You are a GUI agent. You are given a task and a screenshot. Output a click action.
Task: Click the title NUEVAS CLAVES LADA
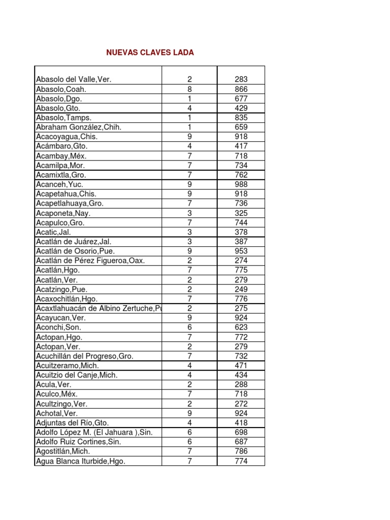click(150, 53)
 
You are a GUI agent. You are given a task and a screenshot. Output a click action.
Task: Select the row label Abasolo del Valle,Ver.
click(74, 80)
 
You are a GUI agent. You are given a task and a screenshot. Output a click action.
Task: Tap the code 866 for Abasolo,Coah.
click(241, 89)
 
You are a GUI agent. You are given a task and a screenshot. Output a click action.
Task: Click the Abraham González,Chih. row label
click(79, 127)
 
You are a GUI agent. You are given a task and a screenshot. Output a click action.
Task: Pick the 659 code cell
click(241, 127)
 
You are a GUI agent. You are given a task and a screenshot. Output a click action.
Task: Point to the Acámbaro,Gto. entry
click(62, 146)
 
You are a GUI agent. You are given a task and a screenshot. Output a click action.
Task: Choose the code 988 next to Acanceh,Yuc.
click(241, 184)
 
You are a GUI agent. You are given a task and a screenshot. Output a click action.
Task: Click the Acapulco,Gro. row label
click(60, 222)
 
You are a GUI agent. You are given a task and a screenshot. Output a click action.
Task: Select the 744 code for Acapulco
click(241, 222)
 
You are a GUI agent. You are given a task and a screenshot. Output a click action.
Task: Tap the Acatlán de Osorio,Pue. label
click(76, 251)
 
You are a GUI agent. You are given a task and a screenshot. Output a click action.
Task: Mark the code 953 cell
click(241, 251)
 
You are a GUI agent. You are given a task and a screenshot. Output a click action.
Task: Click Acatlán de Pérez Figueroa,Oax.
click(90, 261)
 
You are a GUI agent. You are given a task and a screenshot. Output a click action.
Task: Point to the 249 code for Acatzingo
click(241, 289)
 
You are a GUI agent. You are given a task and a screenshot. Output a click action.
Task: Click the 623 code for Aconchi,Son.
click(241, 328)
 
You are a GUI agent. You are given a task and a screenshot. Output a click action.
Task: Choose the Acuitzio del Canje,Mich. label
click(77, 375)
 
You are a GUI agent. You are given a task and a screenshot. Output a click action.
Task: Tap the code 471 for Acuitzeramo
click(241, 366)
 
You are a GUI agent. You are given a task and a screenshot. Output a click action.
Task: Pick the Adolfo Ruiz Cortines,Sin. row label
click(79, 442)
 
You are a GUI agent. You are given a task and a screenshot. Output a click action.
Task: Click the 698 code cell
click(241, 433)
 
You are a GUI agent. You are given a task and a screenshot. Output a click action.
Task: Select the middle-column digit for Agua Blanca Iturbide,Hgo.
click(189, 462)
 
